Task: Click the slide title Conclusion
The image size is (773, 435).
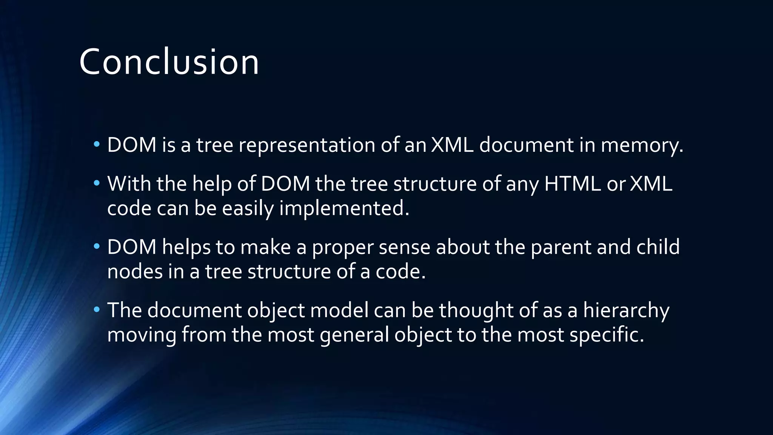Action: coord(169,62)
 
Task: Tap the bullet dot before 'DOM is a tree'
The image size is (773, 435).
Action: coord(97,144)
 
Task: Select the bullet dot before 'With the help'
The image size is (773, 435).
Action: coord(97,183)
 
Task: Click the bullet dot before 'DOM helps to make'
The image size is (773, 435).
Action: coord(97,247)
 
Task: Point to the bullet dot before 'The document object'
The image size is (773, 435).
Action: coord(97,310)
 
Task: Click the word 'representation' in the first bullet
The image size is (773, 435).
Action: coord(306,145)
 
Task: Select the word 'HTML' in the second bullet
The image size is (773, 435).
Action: coord(572,184)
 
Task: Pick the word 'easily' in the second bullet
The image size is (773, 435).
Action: coord(247,209)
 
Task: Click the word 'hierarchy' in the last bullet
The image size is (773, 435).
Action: coord(626,311)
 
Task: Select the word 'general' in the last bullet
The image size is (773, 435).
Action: coord(354,335)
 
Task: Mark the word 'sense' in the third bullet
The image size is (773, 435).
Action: coord(404,247)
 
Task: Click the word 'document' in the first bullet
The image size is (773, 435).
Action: coord(526,145)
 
